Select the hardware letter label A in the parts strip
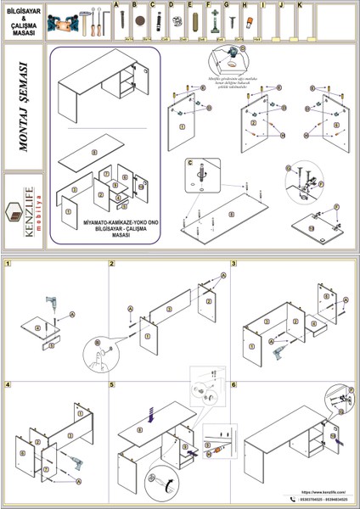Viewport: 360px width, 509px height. [115, 5]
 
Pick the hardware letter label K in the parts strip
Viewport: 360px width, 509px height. [301, 5]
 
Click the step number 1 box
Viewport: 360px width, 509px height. [8, 264]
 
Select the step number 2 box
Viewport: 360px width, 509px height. [112, 264]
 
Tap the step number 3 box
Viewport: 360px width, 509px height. [233, 264]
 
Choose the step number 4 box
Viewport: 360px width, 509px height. [8, 384]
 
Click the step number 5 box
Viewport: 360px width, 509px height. [112, 384]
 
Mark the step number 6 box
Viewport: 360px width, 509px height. [233, 384]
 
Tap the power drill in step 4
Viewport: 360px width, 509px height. [74, 463]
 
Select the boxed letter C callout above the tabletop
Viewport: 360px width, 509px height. [191, 161]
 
